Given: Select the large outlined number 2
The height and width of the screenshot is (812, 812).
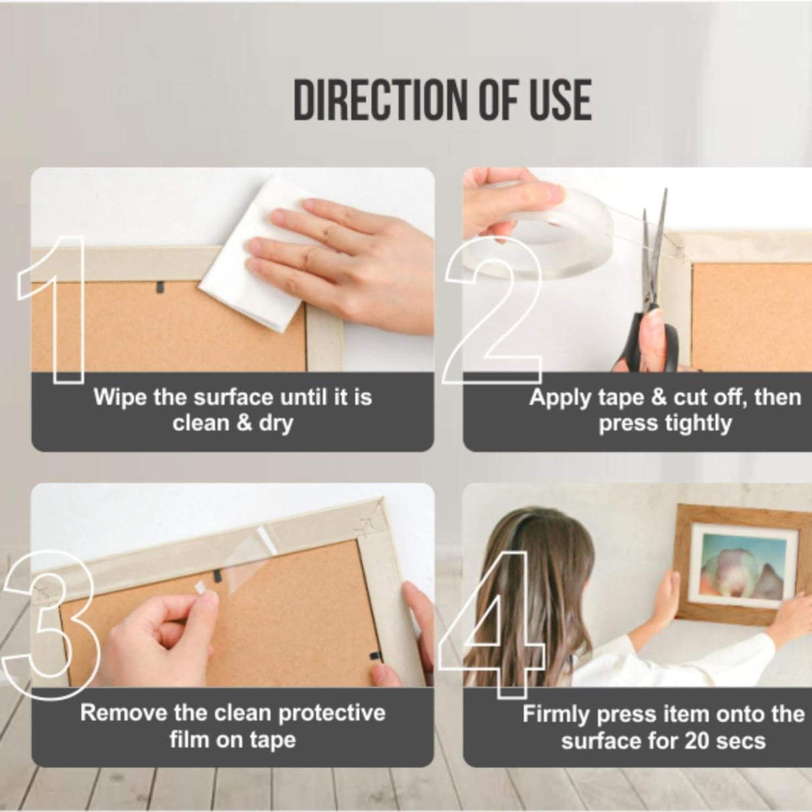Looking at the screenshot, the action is pyautogui.click(x=493, y=310).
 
